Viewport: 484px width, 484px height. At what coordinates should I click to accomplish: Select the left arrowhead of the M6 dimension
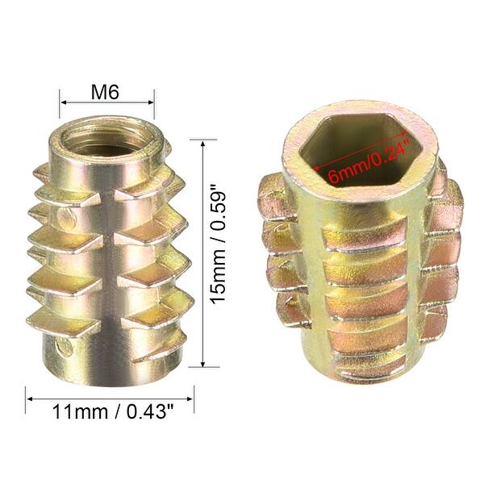point(63,103)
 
